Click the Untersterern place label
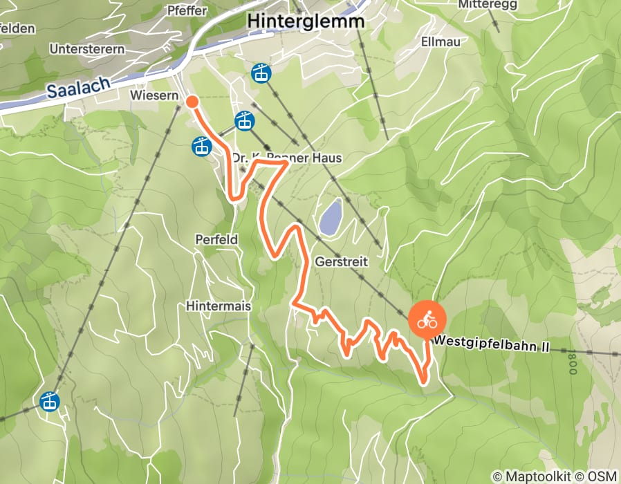tap(87, 49)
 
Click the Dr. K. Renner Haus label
tap(286, 158)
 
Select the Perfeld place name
tap(216, 240)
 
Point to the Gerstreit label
tap(341, 263)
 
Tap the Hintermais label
tap(218, 306)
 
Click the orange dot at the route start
tap(192, 102)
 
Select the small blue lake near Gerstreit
tap(330, 216)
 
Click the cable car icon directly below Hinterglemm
tap(261, 72)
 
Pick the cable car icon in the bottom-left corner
tap(48, 401)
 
